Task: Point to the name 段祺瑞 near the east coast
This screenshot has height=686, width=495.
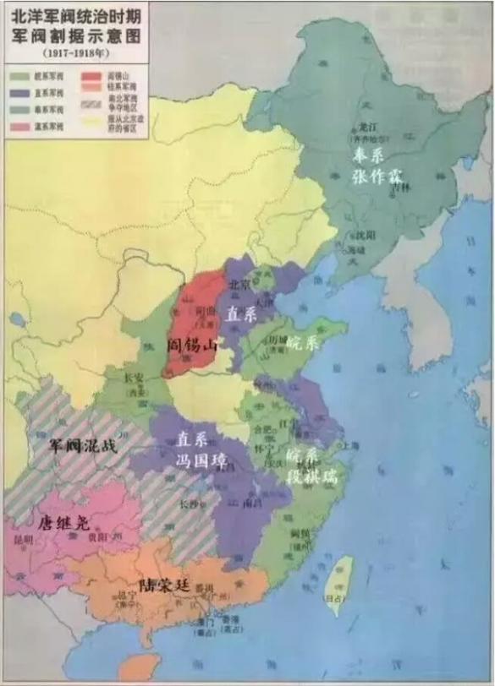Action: [311, 476]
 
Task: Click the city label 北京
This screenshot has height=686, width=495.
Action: [238, 285]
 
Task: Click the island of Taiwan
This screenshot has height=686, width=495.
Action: [338, 583]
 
